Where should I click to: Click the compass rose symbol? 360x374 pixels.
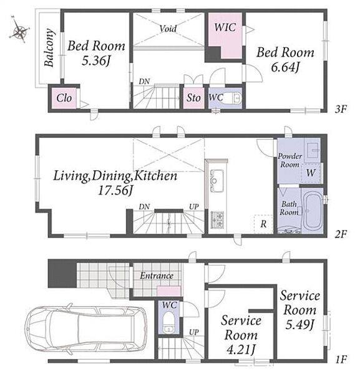(19, 31)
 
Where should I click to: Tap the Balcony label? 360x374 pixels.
(49, 47)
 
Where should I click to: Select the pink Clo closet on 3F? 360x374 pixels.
(64, 98)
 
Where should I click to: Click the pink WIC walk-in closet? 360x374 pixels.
(225, 34)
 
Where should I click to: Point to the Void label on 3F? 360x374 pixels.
(168, 29)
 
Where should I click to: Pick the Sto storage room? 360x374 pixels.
(193, 98)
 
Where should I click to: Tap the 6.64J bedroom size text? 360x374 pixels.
(285, 67)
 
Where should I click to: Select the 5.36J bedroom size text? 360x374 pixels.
(96, 60)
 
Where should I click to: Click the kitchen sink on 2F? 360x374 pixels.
(216, 181)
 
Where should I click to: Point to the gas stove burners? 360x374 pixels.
(217, 220)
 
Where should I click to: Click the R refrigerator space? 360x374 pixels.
(263, 224)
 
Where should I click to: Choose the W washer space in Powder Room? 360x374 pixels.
(311, 173)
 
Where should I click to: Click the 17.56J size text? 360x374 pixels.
(115, 191)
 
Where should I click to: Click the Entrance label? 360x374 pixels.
(157, 276)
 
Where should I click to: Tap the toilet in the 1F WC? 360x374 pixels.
(168, 323)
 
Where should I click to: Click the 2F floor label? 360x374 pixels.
(341, 234)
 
